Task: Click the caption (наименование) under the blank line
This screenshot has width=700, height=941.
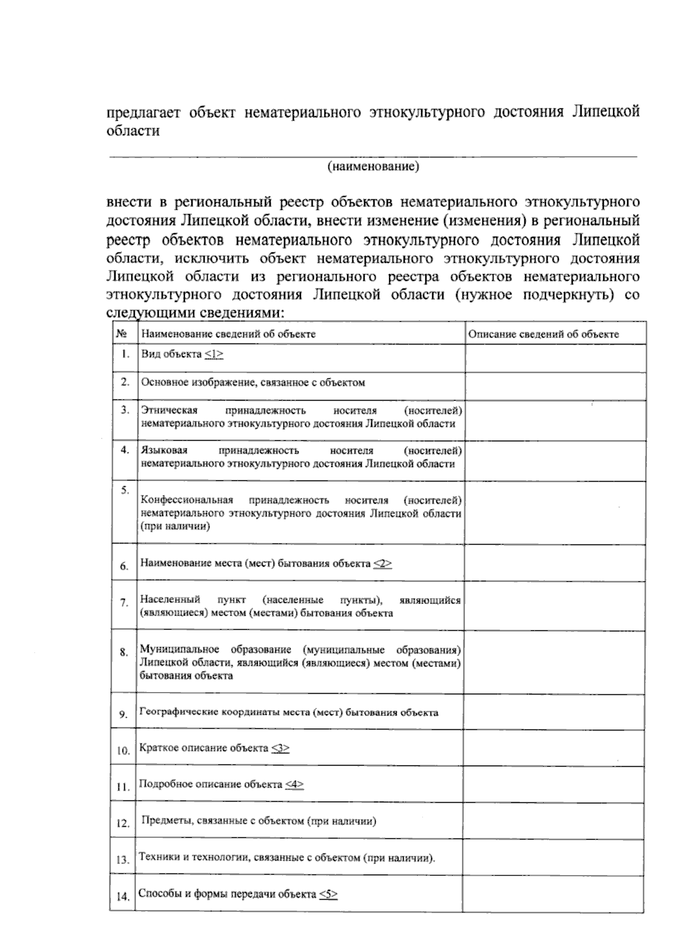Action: (373, 167)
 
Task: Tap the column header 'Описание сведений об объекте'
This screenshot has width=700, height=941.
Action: (544, 334)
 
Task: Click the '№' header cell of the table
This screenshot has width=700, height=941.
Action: (123, 334)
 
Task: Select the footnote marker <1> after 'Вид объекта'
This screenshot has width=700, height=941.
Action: (214, 354)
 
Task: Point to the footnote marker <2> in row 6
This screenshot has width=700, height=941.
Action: (383, 563)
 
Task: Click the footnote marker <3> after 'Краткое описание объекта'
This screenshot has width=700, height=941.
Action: (281, 748)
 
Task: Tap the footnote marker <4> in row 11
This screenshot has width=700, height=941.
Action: (295, 784)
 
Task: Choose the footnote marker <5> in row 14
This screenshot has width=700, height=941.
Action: (328, 894)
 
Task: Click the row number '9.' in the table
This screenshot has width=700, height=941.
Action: (123, 714)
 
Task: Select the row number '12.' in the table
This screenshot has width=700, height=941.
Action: (123, 823)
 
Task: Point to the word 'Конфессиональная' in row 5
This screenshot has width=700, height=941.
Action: (187, 500)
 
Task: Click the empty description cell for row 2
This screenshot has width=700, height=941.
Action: (554, 385)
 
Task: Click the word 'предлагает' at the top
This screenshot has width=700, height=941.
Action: (142, 112)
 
